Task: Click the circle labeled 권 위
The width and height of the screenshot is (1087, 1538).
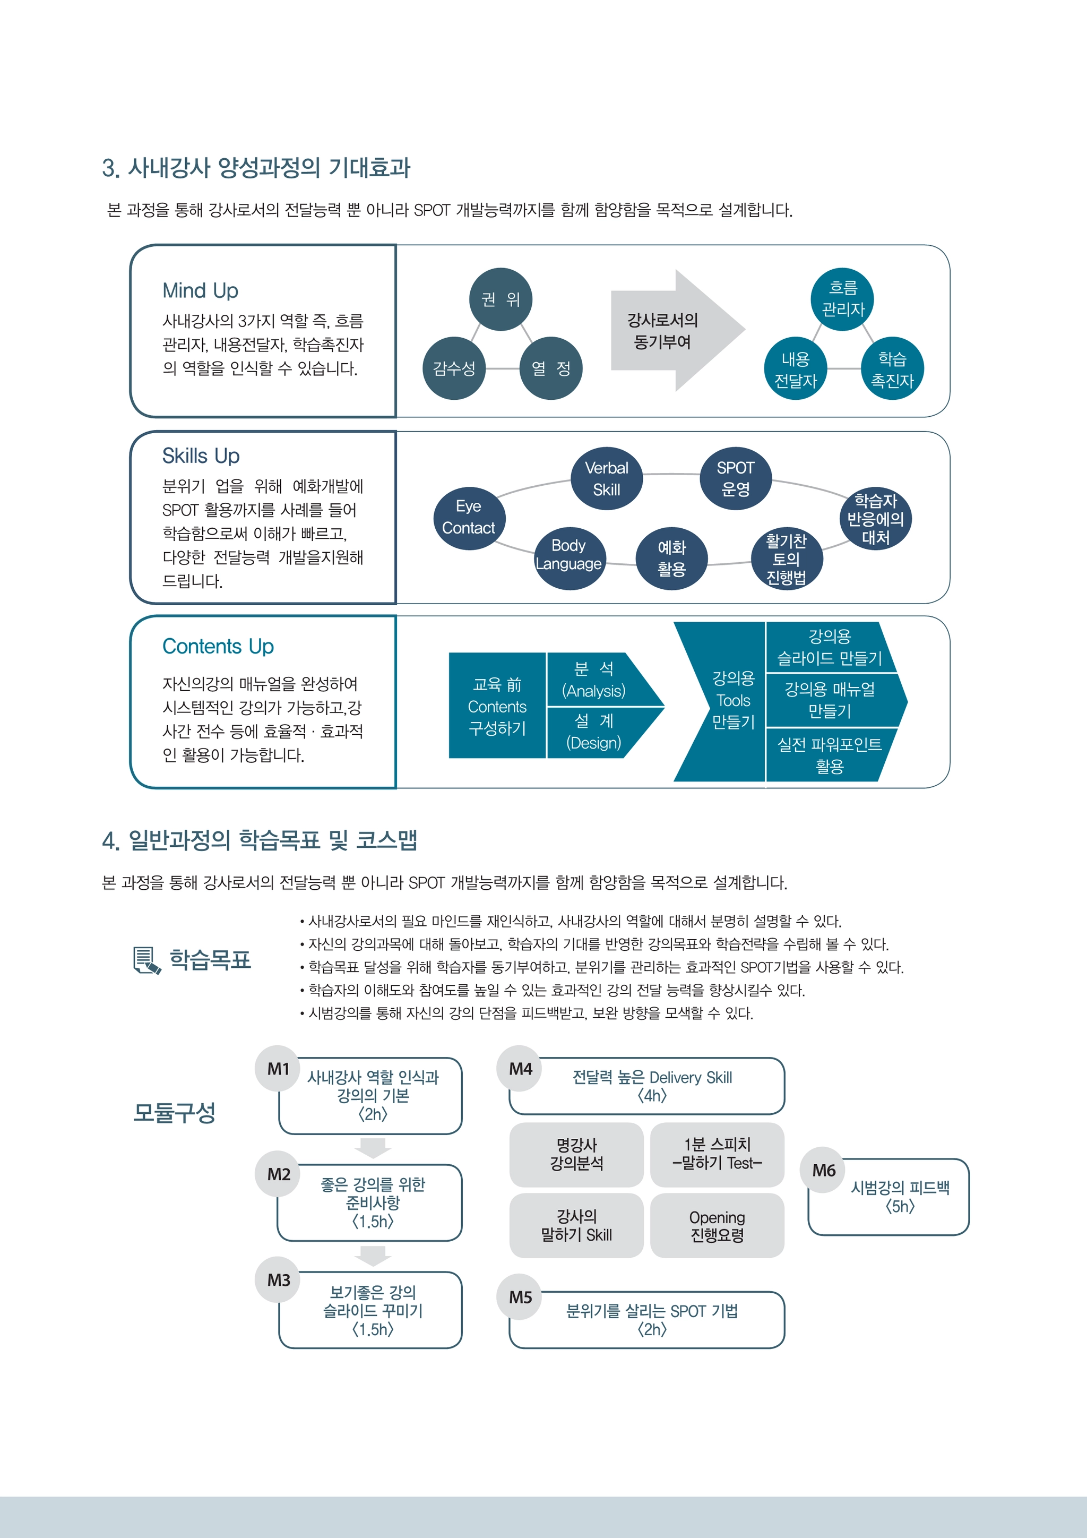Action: (501, 299)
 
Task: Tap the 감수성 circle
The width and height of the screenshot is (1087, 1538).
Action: (454, 368)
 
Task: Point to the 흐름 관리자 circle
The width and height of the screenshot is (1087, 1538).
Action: (842, 299)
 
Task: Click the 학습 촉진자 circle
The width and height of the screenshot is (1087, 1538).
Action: (892, 368)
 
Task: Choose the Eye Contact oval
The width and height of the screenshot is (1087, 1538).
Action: (469, 517)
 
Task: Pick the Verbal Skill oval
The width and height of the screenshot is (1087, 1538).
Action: (607, 478)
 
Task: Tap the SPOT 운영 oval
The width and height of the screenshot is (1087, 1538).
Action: (736, 478)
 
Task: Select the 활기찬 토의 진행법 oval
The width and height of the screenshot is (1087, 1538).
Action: (786, 559)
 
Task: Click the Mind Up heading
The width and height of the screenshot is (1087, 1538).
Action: (200, 291)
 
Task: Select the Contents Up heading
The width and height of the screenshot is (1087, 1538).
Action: (218, 647)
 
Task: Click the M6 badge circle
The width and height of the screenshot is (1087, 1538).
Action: (824, 1170)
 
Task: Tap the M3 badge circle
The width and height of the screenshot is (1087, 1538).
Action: (279, 1280)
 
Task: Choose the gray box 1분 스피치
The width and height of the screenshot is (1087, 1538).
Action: (717, 1154)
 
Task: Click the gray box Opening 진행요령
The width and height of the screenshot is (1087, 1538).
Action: (717, 1225)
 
